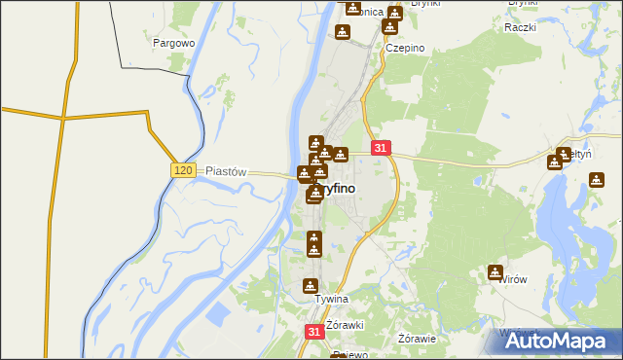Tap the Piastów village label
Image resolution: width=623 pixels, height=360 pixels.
(x=227, y=170)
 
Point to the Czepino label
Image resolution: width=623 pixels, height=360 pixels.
(x=406, y=48)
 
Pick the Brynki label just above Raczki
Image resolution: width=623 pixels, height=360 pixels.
(x=524, y=3)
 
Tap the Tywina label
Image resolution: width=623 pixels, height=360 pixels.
(x=331, y=300)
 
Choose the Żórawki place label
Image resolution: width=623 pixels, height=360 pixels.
(x=346, y=324)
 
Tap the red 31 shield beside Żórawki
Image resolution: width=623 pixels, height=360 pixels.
(x=313, y=332)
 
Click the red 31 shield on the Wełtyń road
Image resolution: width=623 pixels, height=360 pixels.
(x=381, y=148)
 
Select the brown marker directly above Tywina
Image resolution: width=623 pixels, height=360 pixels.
(x=310, y=285)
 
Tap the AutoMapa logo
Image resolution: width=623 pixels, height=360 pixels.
(x=560, y=342)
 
